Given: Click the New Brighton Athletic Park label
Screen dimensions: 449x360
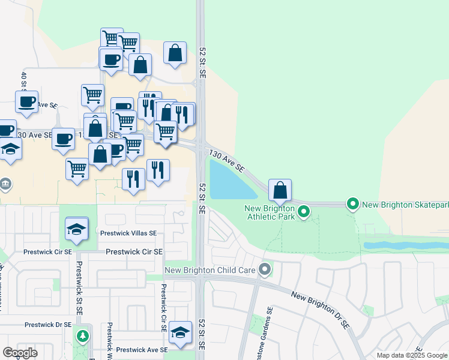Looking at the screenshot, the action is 270,212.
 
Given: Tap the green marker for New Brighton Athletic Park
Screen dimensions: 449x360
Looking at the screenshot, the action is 304,211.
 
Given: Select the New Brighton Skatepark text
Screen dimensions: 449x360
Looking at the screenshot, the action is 405,205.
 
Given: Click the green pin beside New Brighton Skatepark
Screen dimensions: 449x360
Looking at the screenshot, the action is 353,205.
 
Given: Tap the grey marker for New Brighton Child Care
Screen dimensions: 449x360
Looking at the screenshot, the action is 264,270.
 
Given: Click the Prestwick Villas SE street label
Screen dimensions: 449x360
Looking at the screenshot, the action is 128,233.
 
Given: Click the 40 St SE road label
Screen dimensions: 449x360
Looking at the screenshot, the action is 24,84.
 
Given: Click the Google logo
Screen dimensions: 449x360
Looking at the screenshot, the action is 20,352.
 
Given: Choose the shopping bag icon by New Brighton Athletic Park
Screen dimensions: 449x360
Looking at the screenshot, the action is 280,191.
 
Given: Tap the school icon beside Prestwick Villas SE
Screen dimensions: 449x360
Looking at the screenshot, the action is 77,229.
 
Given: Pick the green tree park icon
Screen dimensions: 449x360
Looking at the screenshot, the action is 82,335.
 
